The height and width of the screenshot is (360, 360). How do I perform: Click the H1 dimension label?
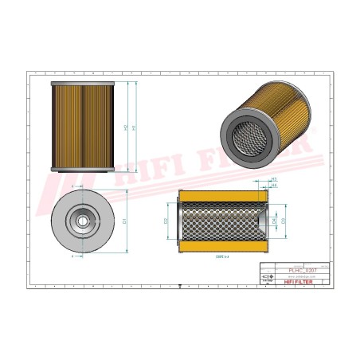(134, 126)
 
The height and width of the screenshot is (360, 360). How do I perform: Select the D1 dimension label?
(125, 221)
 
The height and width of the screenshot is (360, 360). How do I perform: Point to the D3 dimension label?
(285, 221)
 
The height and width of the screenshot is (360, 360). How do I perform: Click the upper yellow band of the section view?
(221, 196)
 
